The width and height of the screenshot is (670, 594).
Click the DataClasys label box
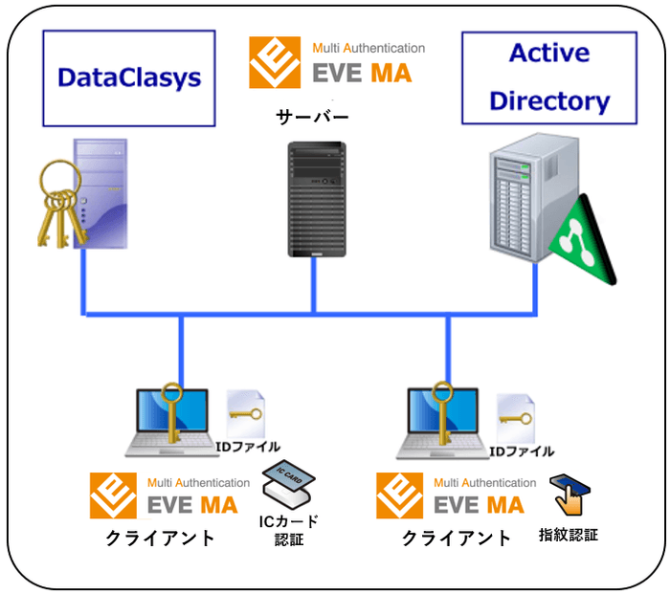(129, 77)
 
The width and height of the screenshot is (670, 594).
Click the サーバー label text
(313, 118)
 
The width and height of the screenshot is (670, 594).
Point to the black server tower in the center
(315, 199)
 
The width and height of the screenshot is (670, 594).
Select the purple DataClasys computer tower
(100, 191)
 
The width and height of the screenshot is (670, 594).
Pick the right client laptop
(441, 421)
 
